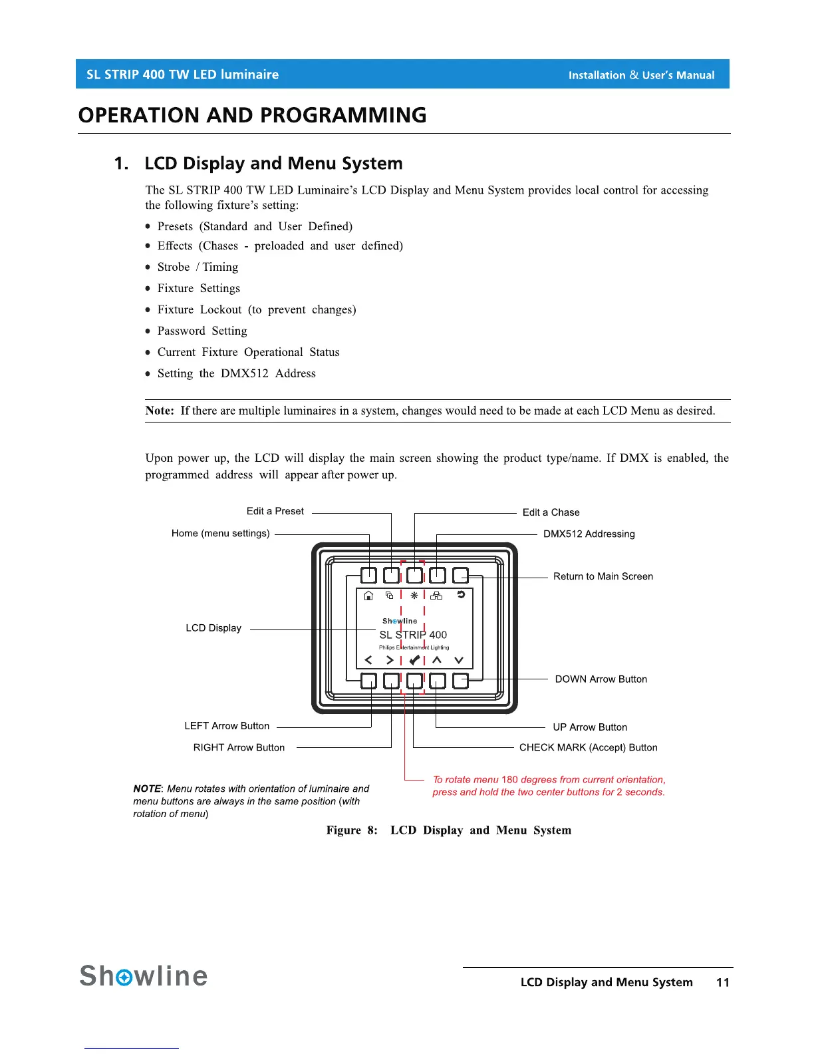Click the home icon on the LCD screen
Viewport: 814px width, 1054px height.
click(369, 596)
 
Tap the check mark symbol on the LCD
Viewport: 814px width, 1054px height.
click(414, 660)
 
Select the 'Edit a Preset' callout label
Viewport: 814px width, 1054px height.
click(275, 511)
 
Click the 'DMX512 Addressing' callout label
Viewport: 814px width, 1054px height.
click(589, 534)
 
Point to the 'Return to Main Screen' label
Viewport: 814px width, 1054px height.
click(603, 576)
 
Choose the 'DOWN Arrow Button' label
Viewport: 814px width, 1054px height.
click(601, 679)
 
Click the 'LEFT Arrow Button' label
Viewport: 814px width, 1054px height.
click(227, 726)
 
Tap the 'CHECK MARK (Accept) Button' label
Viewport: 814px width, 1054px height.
click(588, 747)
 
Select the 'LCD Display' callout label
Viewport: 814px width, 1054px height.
click(213, 628)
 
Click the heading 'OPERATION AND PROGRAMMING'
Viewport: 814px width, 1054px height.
click(252, 115)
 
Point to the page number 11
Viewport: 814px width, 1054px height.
click(723, 982)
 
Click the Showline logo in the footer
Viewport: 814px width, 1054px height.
click(144, 976)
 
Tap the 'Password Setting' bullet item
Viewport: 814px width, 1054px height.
click(202, 331)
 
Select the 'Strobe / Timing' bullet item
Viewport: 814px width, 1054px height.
click(198, 267)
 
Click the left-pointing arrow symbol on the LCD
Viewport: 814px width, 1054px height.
click(368, 660)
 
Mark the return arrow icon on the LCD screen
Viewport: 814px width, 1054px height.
click(460, 595)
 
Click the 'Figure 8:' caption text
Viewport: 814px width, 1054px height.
click(352, 830)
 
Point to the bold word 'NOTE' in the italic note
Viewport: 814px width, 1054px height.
click(147, 789)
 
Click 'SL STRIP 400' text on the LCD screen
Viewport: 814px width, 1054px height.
click(413, 635)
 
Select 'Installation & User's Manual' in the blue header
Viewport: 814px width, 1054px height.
click(641, 75)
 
